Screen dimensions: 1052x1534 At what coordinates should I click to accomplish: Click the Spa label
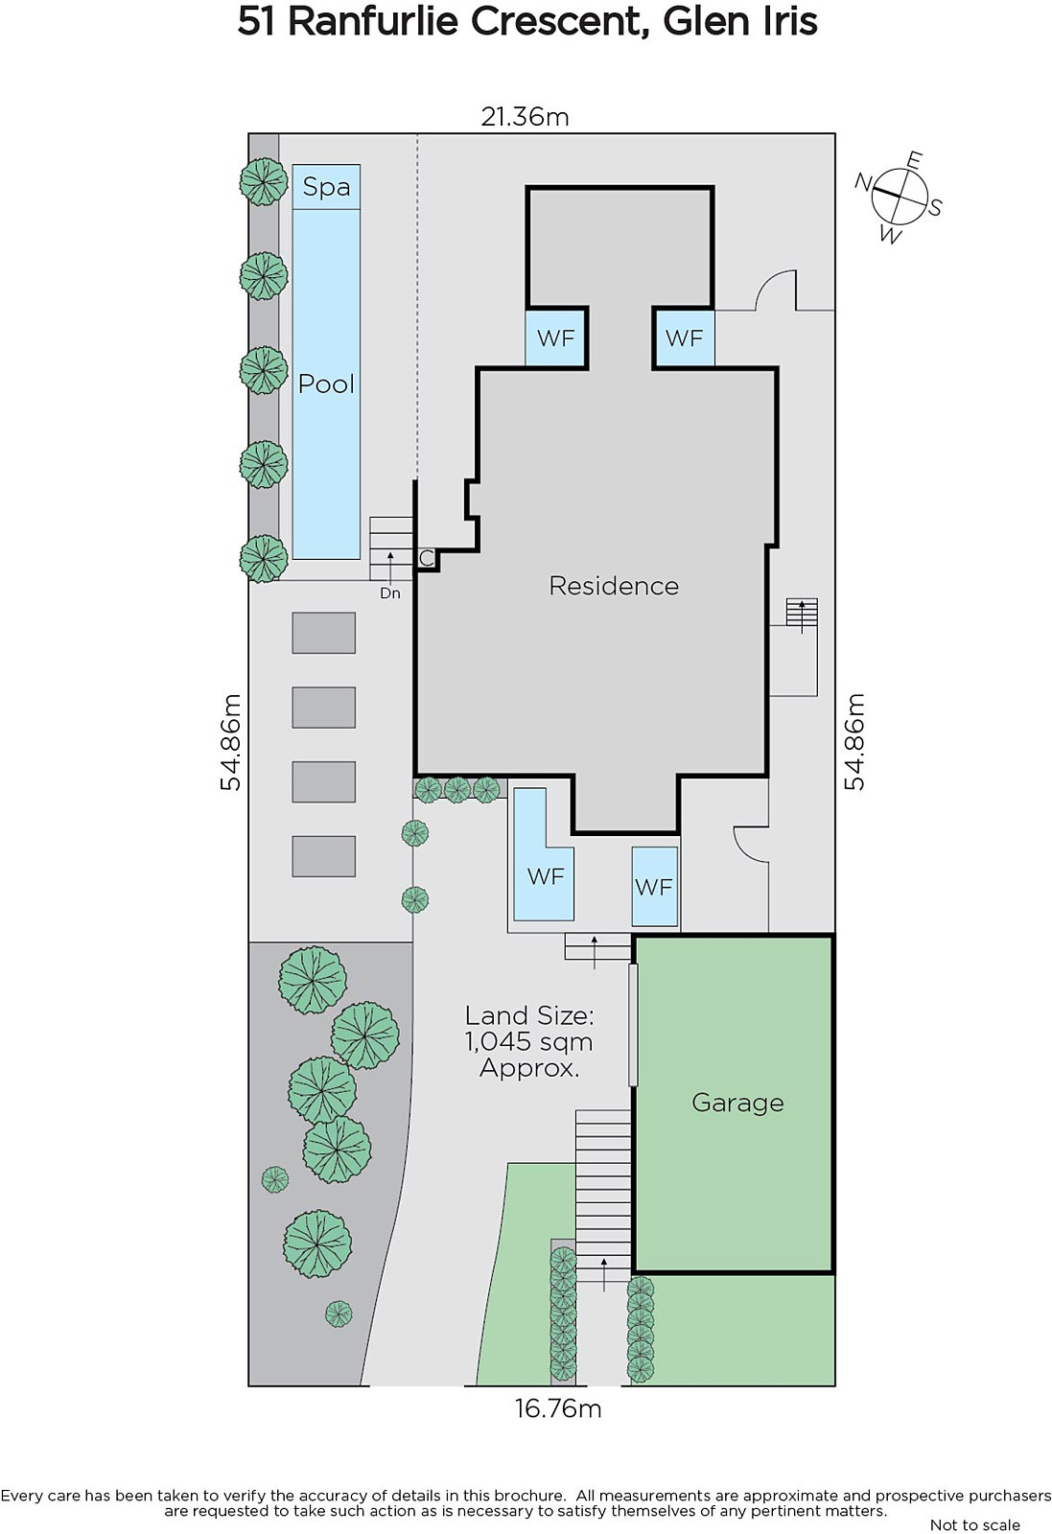point(326,187)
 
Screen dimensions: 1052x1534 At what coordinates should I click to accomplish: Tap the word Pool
point(326,383)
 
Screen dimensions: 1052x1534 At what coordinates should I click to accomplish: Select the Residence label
point(614,586)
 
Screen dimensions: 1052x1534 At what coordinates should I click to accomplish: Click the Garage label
point(737,1104)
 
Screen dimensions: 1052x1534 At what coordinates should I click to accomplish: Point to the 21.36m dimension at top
point(525,117)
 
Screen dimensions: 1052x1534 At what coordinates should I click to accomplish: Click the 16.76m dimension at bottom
point(558,1408)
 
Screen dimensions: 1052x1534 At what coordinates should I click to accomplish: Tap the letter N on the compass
point(863,182)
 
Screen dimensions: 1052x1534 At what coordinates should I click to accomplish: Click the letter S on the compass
point(935,206)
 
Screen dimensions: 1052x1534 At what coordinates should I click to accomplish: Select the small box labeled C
point(426,559)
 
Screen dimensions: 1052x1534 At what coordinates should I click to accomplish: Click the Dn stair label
point(389,593)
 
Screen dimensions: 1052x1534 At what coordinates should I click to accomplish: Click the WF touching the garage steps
point(655,887)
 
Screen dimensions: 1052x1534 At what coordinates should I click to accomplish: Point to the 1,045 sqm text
point(528,1041)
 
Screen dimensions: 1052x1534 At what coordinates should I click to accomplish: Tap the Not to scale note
point(974,1524)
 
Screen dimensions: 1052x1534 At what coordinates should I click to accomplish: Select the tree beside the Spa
point(263,181)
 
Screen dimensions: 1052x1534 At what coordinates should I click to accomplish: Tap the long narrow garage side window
point(633,1025)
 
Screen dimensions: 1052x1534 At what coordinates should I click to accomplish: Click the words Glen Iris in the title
point(739,22)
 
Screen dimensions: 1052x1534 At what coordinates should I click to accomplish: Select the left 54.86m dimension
point(231,742)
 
